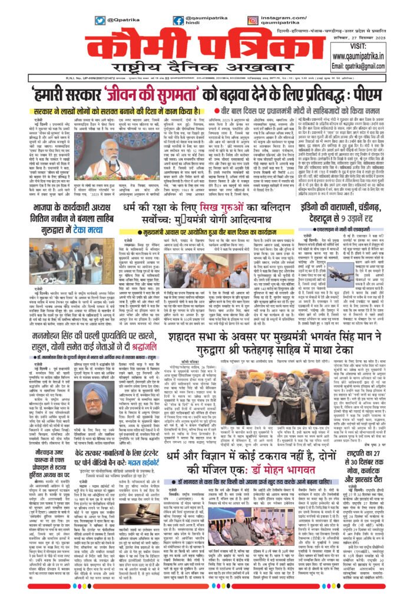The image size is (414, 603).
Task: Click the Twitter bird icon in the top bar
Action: click(100, 20)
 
